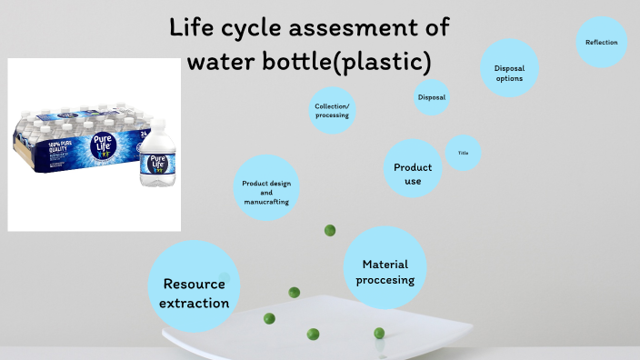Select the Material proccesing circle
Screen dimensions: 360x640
(385, 267)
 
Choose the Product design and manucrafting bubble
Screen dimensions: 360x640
(266, 188)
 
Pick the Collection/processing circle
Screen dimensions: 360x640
(332, 111)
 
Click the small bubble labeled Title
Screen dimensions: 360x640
(463, 153)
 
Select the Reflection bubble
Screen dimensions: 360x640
(601, 42)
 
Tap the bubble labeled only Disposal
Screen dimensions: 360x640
(432, 97)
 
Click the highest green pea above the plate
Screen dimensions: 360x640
(330, 231)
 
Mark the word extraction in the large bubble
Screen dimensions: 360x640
(194, 302)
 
